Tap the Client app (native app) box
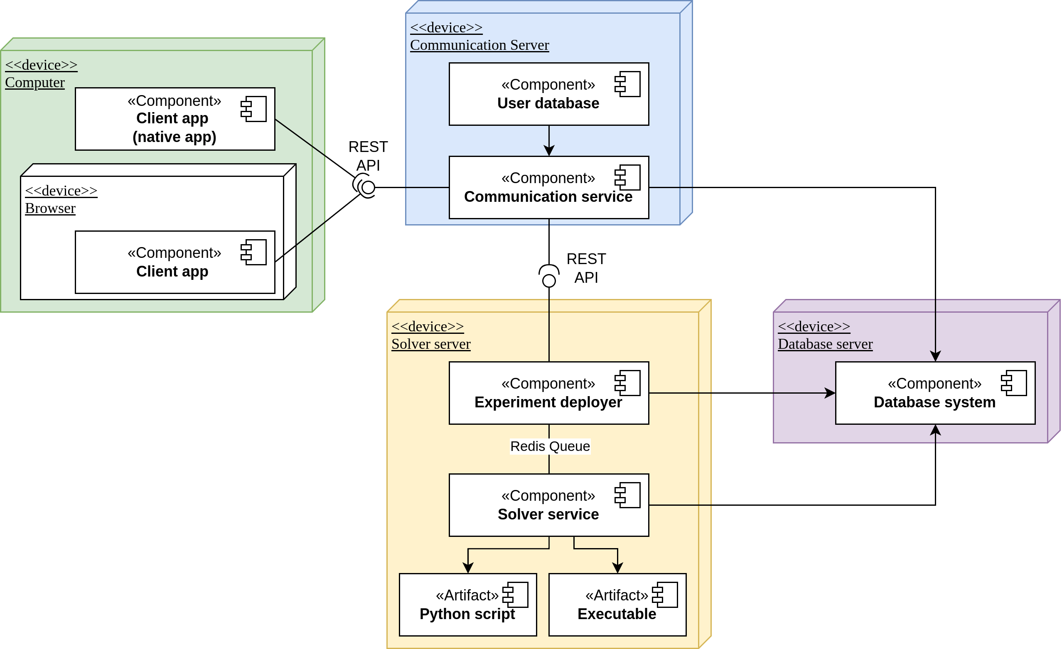[x=175, y=119]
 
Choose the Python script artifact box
[x=468, y=605]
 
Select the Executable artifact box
[x=617, y=605]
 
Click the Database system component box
[x=935, y=393]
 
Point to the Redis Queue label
[x=550, y=446]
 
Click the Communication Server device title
[x=479, y=45]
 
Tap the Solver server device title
[x=430, y=344]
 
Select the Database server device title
[x=825, y=344]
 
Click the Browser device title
[x=50, y=208]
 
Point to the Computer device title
[x=35, y=82]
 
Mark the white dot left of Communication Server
[x=368, y=187]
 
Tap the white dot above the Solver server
[x=549, y=281]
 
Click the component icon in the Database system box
[x=1014, y=383]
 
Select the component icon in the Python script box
[x=516, y=595]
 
